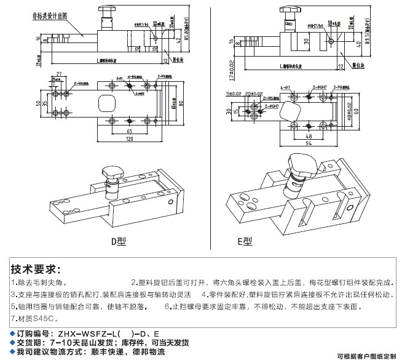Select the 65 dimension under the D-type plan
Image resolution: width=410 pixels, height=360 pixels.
[x=129, y=132]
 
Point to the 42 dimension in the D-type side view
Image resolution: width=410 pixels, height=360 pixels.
[x=178, y=41]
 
